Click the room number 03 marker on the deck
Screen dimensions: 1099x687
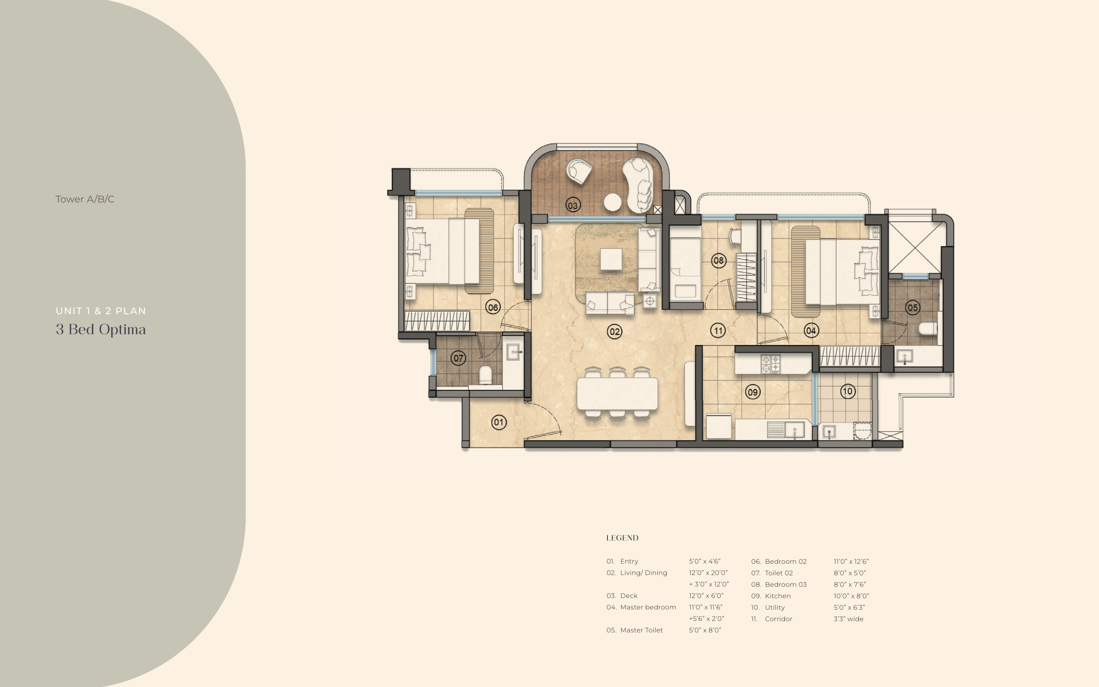tap(573, 205)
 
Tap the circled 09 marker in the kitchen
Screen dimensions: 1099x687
tap(753, 392)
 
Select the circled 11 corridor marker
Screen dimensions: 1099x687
tap(718, 330)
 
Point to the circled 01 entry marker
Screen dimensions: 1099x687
tap(499, 422)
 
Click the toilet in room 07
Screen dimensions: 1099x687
tap(486, 375)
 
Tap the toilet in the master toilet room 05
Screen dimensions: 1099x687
tap(927, 328)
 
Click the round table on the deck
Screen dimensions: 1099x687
tap(613, 202)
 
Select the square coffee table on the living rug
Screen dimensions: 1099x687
tap(611, 259)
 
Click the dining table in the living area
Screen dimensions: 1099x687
tap(617, 393)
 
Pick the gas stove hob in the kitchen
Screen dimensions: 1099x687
tap(770, 364)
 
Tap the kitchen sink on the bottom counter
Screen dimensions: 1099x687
tap(795, 429)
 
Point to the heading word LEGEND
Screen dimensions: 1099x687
tap(622, 538)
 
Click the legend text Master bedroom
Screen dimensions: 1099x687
tap(648, 607)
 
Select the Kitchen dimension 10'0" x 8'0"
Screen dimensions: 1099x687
tap(851, 596)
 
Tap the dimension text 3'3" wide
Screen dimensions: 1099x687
tap(848, 619)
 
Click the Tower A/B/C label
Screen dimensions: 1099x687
tap(85, 199)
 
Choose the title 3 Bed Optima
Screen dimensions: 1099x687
tap(101, 329)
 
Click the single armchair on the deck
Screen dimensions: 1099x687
tap(579, 170)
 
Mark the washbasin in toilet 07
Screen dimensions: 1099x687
tap(513, 352)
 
